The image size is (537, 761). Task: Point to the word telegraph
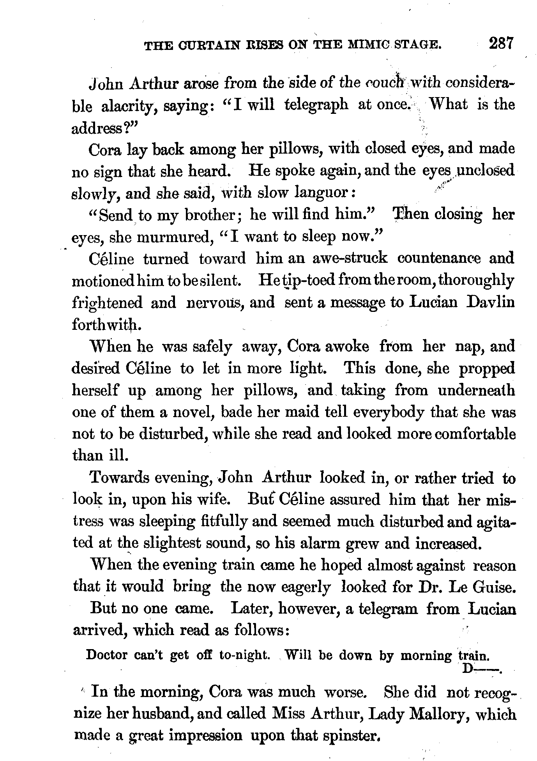316,105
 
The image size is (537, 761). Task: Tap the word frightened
107,303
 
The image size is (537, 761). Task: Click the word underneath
476,390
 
